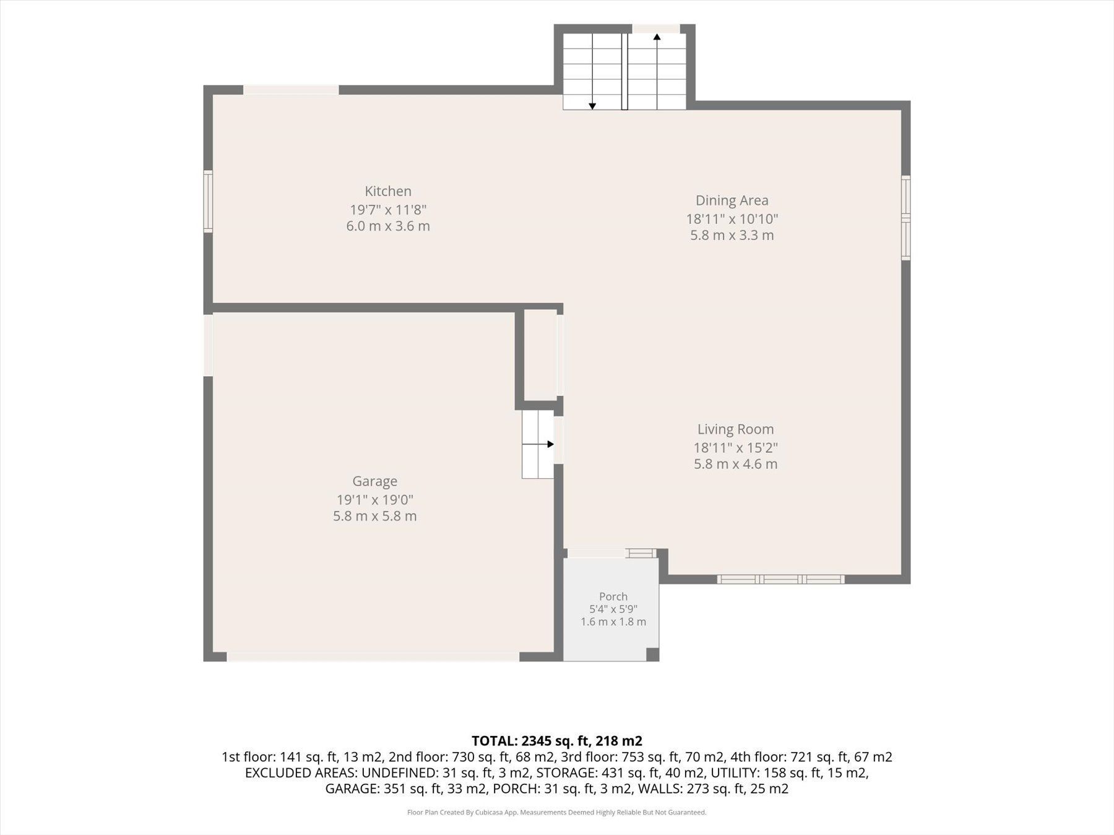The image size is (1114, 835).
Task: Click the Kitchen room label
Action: click(388, 191)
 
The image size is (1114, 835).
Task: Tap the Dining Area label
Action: click(732, 200)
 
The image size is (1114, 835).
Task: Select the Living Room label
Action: click(735, 429)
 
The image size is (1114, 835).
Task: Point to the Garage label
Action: click(375, 481)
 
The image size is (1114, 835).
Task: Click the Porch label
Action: click(613, 596)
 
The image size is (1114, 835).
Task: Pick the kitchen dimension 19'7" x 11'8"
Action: click(388, 209)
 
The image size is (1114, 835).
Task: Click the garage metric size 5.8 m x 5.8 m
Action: click(375, 516)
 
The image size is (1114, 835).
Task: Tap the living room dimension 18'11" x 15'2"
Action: click(735, 447)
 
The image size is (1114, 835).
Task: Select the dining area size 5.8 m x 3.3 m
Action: click(732, 235)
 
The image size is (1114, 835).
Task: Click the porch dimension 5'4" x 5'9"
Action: click(613, 609)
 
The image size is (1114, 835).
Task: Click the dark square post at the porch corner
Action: click(652, 654)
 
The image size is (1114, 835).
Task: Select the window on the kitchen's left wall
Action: click(209, 202)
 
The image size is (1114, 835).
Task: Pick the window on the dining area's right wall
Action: click(905, 217)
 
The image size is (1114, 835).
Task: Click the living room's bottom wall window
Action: click(780, 580)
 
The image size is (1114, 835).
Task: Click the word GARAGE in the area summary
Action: click(352, 789)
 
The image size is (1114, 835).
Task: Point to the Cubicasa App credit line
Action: click(556, 812)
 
